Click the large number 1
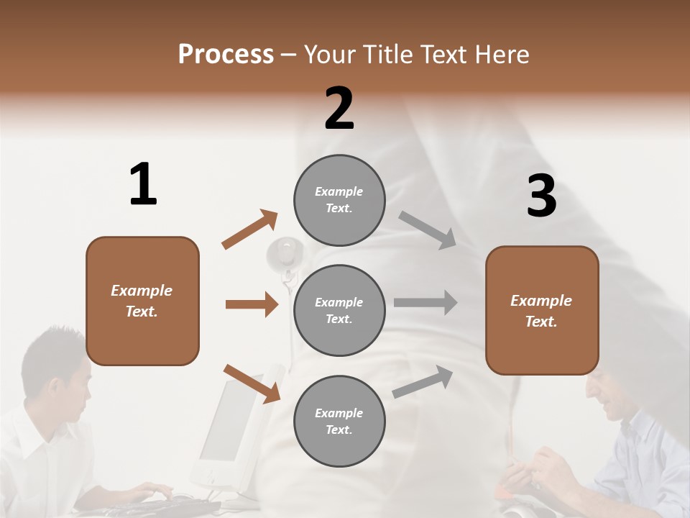(143, 184)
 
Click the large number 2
(339, 109)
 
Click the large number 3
(541, 196)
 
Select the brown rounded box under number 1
(142, 301)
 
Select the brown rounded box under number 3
(542, 311)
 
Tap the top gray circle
(339, 200)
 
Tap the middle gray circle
(339, 311)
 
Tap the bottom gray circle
(339, 422)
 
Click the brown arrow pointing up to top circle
(250, 230)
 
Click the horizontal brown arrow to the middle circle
(252, 304)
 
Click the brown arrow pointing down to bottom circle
(252, 383)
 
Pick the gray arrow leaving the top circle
(428, 230)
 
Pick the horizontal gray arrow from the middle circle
(425, 303)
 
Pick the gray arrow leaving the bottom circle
(423, 381)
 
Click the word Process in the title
(226, 54)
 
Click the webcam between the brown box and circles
(286, 256)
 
